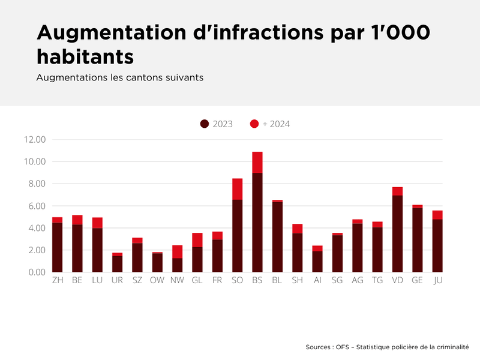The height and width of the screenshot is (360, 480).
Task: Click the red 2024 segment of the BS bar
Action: (x=257, y=162)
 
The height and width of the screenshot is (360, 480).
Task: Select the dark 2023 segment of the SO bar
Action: (x=237, y=236)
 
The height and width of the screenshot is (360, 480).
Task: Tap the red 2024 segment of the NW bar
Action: (x=177, y=251)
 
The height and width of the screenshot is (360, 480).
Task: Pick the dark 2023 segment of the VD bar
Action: (x=397, y=233)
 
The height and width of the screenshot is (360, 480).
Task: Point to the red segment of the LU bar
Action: (x=97, y=223)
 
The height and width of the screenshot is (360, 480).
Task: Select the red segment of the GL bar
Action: (x=197, y=240)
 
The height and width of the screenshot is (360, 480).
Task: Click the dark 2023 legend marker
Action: (x=205, y=124)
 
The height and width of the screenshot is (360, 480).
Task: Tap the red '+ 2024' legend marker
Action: (x=254, y=124)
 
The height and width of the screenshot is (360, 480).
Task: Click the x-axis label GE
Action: (x=417, y=280)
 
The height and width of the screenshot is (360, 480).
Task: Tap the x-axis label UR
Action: (x=117, y=280)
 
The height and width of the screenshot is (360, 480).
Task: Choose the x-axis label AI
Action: (x=317, y=280)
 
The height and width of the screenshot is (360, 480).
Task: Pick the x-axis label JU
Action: (x=437, y=280)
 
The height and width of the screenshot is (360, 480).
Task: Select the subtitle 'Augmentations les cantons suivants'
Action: (x=120, y=78)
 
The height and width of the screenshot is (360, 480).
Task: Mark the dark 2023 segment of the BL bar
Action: (x=277, y=237)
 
